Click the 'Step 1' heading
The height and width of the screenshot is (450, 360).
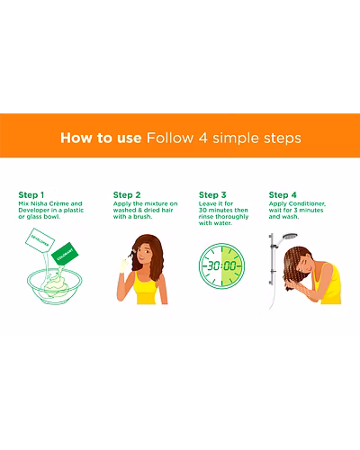coord(31,195)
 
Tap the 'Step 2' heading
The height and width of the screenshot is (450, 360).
coord(127,195)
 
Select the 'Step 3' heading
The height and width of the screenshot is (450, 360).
coord(212,195)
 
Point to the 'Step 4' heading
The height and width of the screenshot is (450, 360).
coord(283,195)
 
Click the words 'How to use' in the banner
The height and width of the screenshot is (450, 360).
coord(101,138)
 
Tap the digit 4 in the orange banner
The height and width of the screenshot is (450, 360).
coord(202,138)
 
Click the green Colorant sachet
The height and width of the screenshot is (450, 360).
coord(65,254)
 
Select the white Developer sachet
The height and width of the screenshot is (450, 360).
coord(40,240)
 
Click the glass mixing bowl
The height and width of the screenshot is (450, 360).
coord(55,286)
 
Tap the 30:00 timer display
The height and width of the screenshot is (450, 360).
coord(222,265)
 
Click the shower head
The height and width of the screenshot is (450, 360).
coord(290,237)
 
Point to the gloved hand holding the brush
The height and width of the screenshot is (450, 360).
coord(123,265)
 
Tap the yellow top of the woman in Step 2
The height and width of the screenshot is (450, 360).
coord(146,288)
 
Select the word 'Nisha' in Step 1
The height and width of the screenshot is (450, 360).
coord(39,203)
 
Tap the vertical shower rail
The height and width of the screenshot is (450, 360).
coord(271,259)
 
